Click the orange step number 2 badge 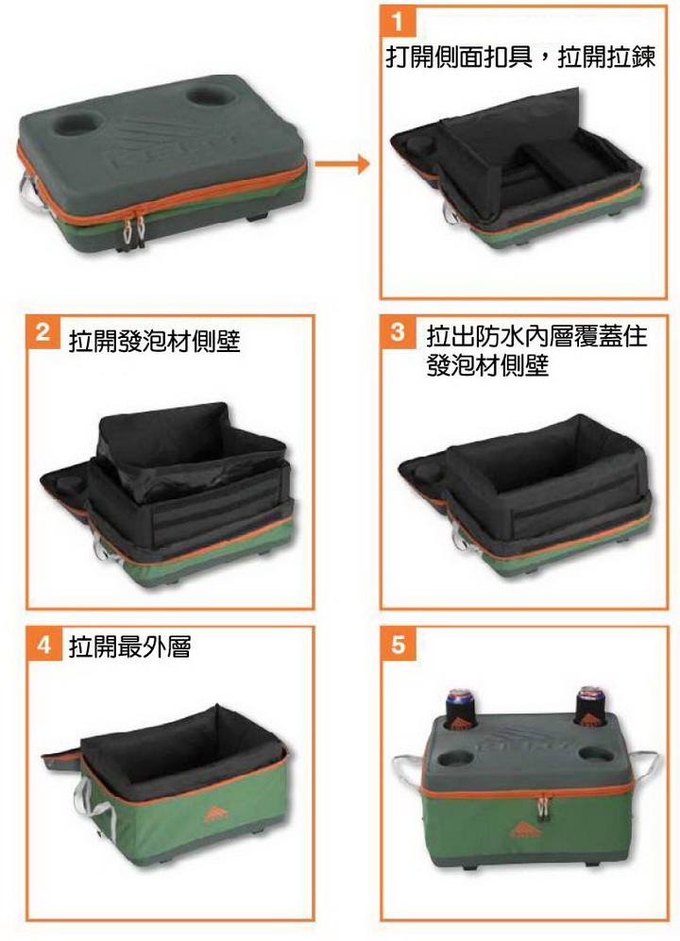point(42,332)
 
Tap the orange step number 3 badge point(397,332)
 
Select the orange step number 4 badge point(43,645)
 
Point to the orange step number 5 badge point(397,645)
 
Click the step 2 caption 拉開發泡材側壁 point(154,341)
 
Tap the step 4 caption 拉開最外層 point(129,647)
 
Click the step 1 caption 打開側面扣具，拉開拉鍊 point(520,58)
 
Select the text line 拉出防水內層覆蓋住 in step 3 point(536,335)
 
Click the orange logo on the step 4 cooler point(212,814)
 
